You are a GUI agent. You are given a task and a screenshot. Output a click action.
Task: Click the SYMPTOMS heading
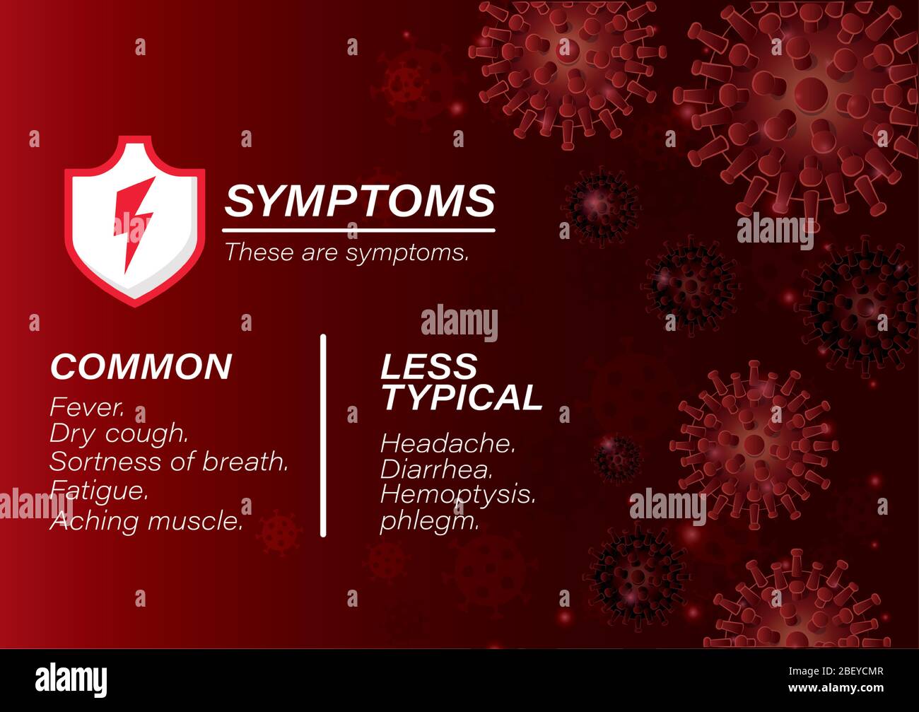pos(359,201)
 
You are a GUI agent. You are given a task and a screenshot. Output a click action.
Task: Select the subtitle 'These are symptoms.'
pos(346,252)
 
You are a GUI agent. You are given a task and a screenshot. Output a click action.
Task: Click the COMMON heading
pos(141,366)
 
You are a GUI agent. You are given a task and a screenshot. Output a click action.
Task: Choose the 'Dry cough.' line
pos(118,433)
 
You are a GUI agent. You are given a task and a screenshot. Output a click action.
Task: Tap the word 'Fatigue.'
pos(99,490)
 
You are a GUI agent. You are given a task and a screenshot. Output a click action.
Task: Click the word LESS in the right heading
pos(429,366)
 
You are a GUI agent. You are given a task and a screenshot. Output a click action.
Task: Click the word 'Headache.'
pos(447,443)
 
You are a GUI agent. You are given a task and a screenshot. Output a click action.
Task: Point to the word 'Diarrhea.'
pos(436,469)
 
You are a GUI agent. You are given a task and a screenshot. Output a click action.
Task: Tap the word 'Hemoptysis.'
pos(457,494)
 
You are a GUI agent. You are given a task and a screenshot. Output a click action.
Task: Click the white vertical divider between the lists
pos(323,435)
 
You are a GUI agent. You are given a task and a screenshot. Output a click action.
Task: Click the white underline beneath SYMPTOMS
pos(358,230)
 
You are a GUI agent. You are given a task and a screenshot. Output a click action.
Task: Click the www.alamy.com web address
pos(834,688)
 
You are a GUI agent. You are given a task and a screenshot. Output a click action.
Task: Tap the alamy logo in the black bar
pos(71,680)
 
